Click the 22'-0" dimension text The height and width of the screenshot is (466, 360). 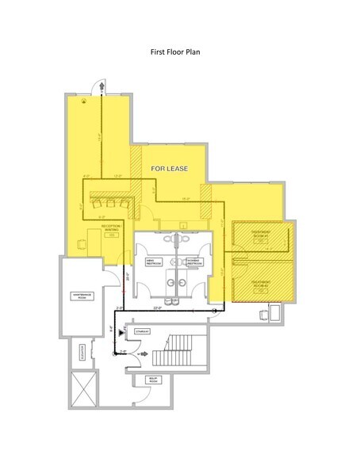(x=157, y=308)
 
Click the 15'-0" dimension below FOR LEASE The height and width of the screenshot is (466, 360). (x=184, y=198)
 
